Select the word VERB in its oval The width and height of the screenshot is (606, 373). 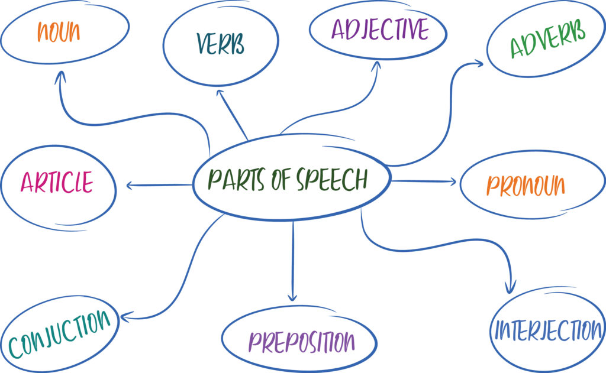click(x=220, y=44)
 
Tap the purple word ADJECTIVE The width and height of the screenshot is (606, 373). click(x=379, y=28)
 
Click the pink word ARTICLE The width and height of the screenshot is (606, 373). click(x=57, y=182)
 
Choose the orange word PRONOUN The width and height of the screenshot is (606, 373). click(x=526, y=185)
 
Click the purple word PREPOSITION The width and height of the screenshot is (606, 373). click(x=301, y=341)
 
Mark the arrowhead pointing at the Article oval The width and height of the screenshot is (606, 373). click(x=129, y=186)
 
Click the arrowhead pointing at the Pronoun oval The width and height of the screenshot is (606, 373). click(x=453, y=181)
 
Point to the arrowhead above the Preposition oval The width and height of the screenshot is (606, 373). click(x=292, y=297)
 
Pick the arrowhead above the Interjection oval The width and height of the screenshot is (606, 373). click(x=509, y=289)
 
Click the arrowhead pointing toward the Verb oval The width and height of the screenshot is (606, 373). click(x=220, y=92)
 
